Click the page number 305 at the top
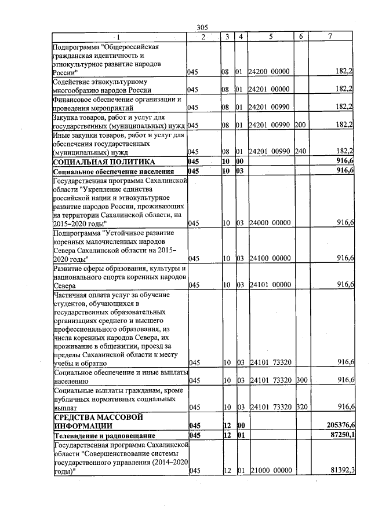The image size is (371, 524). click(202, 28)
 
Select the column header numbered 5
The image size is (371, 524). click(270, 37)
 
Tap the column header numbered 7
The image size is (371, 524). click(330, 37)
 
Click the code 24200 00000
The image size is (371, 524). click(268, 72)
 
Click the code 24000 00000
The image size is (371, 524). click(269, 223)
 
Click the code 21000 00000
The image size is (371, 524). click(269, 471)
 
